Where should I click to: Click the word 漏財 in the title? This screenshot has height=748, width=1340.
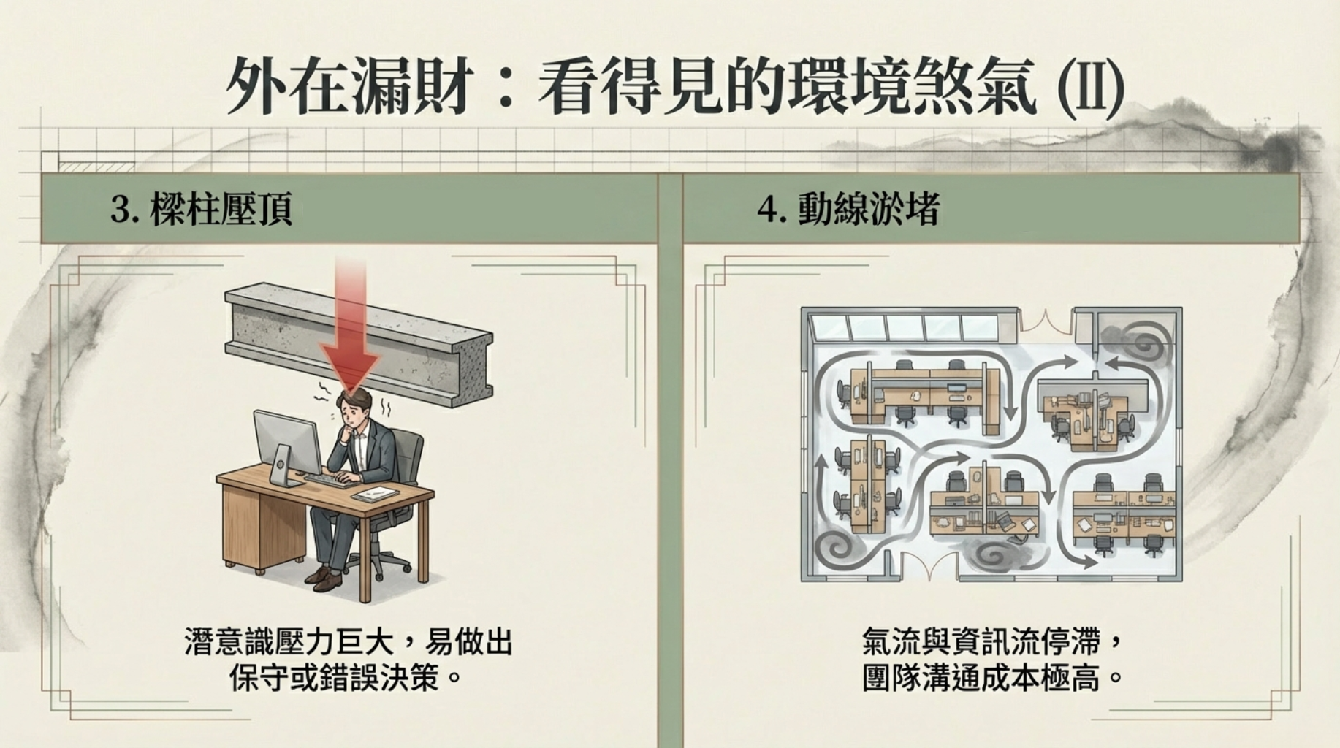408,87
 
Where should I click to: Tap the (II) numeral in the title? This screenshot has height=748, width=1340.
1089,88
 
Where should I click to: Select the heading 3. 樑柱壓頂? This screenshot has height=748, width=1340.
202,210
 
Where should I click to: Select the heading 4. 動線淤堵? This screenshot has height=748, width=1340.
848,210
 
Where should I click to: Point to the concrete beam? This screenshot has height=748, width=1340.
358,343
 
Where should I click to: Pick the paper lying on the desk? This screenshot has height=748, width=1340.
376,494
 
